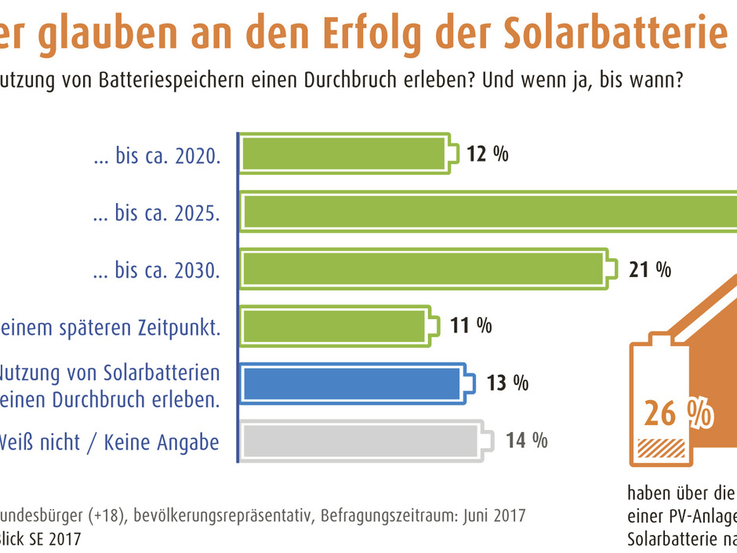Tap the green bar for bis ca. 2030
tap(422, 270)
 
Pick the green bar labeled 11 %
tap(333, 326)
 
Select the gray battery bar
tap(361, 441)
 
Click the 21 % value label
tap(650, 270)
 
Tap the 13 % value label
tap(507, 384)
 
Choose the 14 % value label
tap(526, 441)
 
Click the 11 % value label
tap(470, 326)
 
